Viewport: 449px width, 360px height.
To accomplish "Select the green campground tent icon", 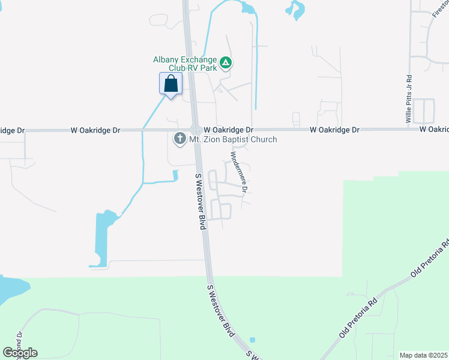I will coord(226,62).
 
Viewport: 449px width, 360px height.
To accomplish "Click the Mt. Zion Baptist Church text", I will coord(233,140).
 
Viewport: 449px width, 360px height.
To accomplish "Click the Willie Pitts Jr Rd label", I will coord(409,99).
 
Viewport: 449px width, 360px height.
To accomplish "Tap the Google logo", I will coord(20,352).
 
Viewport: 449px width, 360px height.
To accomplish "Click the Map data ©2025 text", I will coord(423,355).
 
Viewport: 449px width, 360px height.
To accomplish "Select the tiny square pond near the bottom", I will coord(252,340).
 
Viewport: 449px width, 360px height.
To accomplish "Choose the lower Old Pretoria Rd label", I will coord(359,316).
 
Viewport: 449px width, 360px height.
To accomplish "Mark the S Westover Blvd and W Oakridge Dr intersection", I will coord(196,130).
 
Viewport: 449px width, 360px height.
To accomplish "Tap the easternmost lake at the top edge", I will coord(295,9).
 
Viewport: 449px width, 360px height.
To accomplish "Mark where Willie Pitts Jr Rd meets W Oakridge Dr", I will coord(411,129).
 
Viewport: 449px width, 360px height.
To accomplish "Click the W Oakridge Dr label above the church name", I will coord(228,130).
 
